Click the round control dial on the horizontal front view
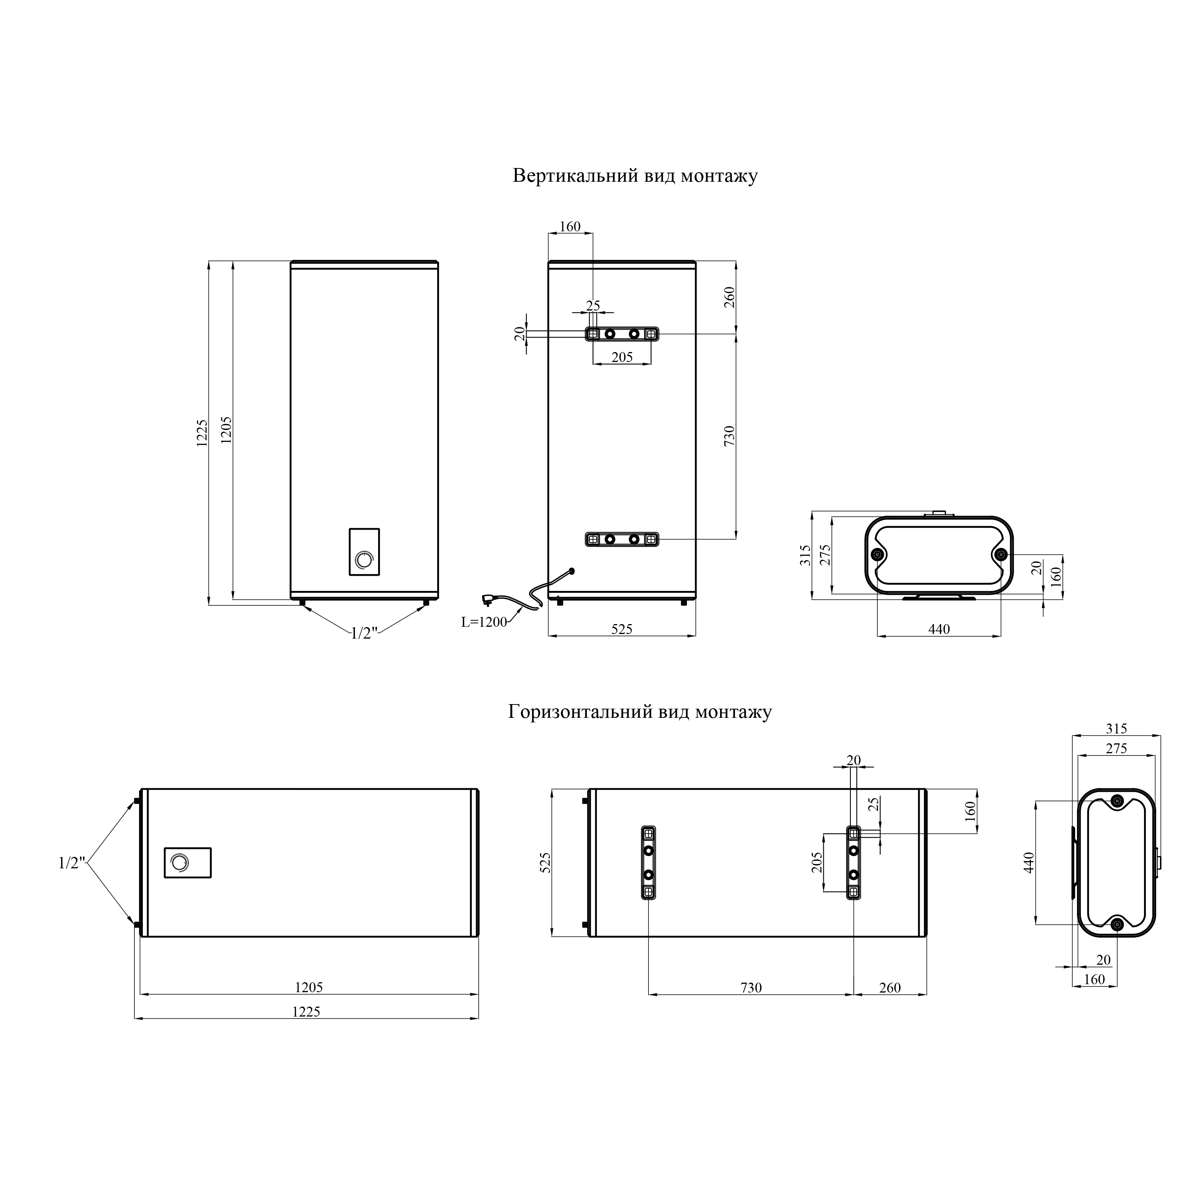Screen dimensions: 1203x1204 179,863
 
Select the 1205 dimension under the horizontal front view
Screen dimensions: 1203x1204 309,988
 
